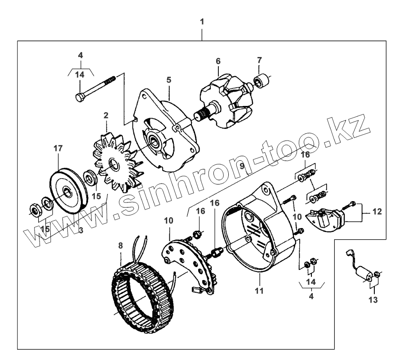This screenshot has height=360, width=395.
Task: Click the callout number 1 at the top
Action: coord(202,21)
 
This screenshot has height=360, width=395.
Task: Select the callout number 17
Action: coord(58,148)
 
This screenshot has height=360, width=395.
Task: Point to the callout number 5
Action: coord(169,80)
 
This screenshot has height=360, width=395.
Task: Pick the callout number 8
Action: coord(120,246)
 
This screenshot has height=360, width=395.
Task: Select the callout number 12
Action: coord(377,211)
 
